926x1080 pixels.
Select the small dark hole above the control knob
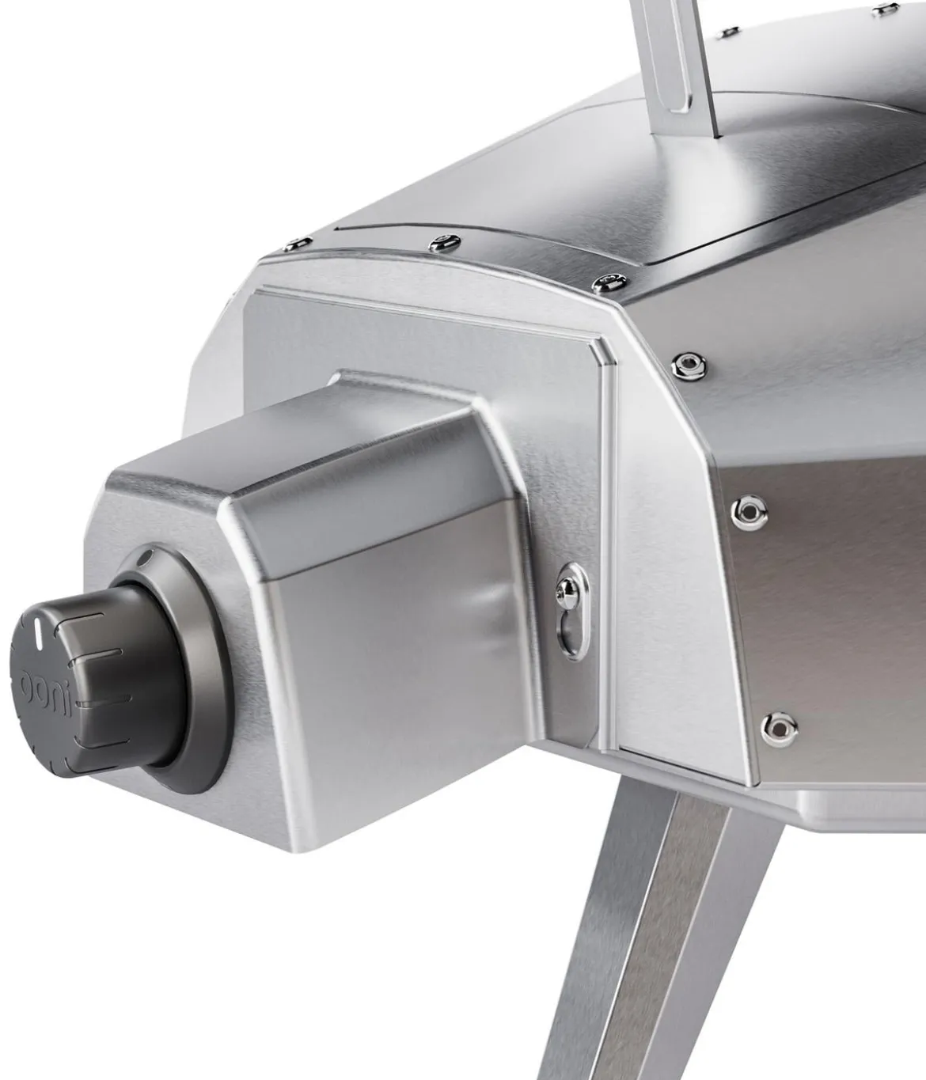coord(146,558)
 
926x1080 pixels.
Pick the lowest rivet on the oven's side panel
coord(779,729)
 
